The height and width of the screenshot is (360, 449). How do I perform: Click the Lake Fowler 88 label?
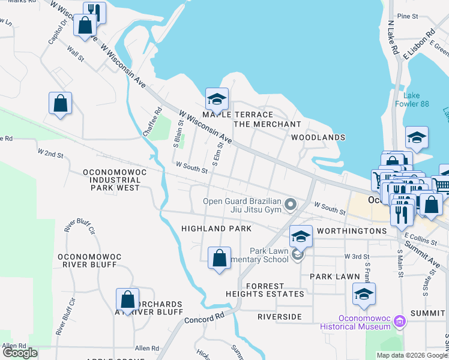[x=416, y=100]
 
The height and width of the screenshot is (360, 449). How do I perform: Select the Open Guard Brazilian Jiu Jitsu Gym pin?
[x=291, y=205]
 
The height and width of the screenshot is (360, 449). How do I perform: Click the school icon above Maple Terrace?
[x=217, y=98]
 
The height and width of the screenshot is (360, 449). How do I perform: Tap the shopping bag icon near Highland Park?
[x=219, y=259]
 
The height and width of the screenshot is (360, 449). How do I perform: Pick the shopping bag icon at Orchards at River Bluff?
[x=127, y=299]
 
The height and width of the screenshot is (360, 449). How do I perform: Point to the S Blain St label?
[x=178, y=134]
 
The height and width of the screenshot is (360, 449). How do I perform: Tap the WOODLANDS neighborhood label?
[x=318, y=137]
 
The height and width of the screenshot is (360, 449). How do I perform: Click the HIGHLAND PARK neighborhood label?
[x=216, y=229]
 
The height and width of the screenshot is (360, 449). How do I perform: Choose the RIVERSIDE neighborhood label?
[x=279, y=316]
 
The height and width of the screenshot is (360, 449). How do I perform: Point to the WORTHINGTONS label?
[x=352, y=231]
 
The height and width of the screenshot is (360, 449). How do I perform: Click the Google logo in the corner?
[x=20, y=353]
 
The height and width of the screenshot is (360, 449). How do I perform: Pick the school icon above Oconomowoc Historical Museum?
[x=364, y=294]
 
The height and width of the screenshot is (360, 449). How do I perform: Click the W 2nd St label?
[x=50, y=154]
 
